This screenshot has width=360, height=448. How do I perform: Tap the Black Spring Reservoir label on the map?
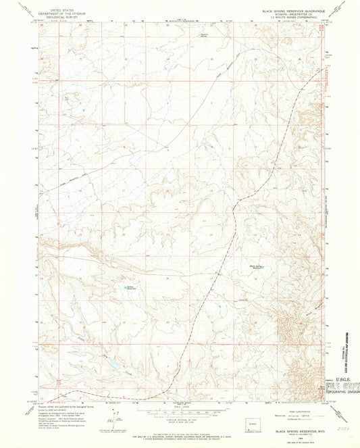258,266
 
